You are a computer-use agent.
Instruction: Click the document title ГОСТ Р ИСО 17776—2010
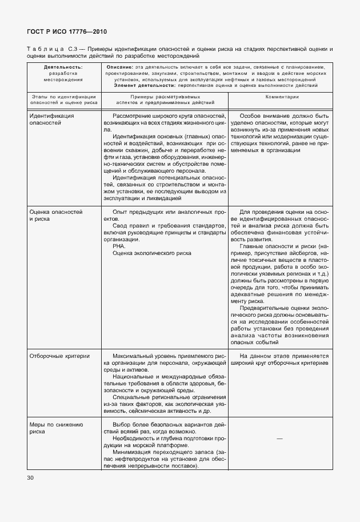click(x=66, y=31)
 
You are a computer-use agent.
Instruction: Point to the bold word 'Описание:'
click(x=120, y=67)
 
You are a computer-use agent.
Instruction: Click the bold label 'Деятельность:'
click(x=63, y=67)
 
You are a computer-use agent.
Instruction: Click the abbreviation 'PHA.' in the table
click(x=119, y=246)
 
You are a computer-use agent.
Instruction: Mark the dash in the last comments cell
click(x=279, y=438)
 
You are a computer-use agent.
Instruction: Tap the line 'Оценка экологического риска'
click(x=152, y=253)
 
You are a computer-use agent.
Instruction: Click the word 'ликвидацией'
click(x=166, y=198)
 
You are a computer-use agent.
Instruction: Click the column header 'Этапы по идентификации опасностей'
click(x=63, y=101)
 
